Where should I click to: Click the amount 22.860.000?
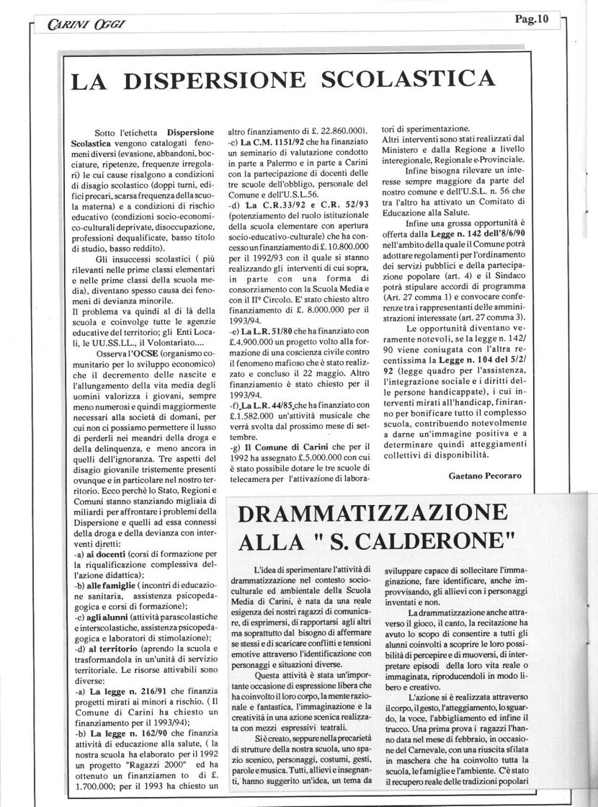click(339, 130)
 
